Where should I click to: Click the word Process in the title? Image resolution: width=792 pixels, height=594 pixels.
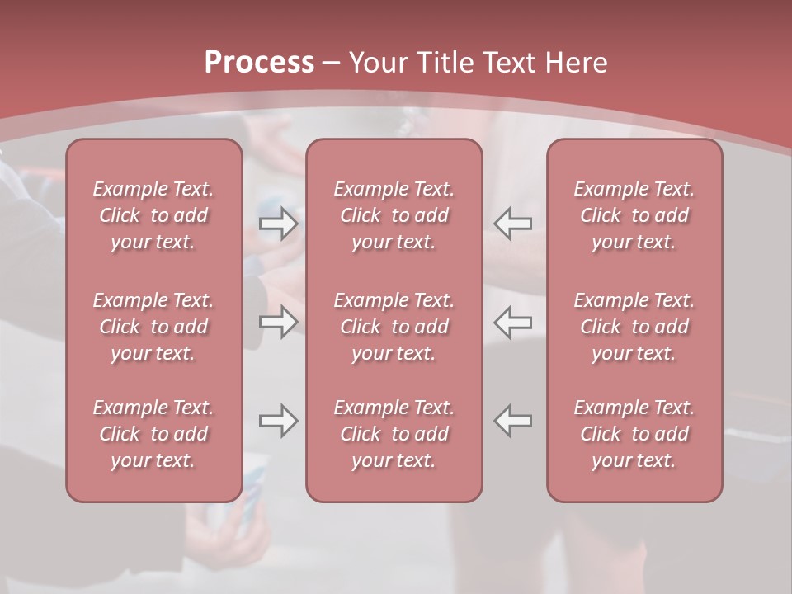click(259, 62)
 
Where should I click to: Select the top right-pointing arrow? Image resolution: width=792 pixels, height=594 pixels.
click(278, 224)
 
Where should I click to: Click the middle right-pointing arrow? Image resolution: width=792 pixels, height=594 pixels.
click(278, 322)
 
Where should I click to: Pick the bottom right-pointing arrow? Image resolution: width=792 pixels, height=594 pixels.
click(278, 421)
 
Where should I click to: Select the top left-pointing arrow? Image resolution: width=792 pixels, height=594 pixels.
click(513, 224)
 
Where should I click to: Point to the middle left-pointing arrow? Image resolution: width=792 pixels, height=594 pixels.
click(513, 322)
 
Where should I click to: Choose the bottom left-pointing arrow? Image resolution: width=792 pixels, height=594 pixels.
click(513, 421)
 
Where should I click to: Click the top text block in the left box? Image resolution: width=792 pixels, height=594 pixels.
click(153, 215)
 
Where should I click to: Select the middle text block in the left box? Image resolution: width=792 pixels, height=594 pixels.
click(153, 327)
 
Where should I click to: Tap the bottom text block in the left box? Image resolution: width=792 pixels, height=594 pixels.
click(153, 434)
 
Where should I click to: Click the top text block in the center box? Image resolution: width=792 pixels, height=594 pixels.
click(394, 215)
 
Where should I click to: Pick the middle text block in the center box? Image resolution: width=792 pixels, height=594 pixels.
click(394, 327)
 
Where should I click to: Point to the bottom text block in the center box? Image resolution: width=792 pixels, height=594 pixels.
click(394, 434)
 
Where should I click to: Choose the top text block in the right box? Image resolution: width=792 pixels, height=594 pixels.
click(634, 215)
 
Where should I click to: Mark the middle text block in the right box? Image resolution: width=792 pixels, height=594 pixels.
click(634, 327)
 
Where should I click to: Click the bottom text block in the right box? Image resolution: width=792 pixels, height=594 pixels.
click(634, 434)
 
